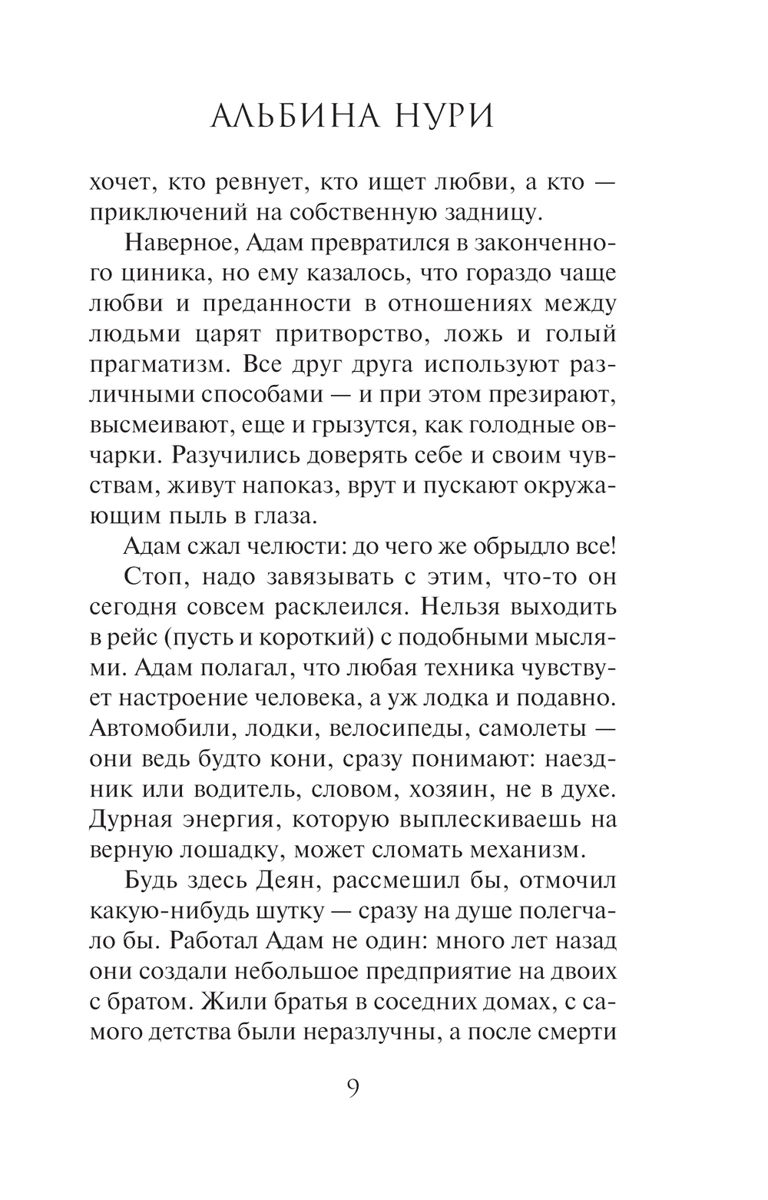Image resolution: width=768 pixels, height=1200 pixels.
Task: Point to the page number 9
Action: tap(353, 1089)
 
